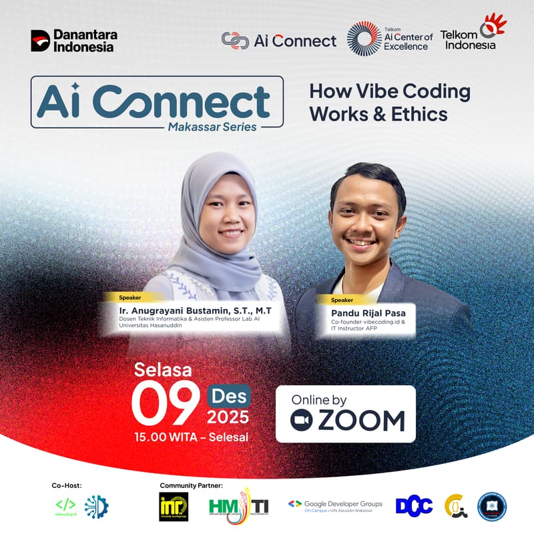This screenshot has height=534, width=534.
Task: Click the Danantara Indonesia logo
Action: coord(72,41)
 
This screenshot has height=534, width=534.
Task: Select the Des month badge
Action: coord(228,396)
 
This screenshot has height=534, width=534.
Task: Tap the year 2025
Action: coord(228,418)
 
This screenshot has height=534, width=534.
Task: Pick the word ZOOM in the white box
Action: coord(361,421)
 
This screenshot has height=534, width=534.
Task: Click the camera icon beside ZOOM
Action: coord(302,421)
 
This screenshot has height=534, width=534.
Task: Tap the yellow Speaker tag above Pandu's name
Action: coord(342,300)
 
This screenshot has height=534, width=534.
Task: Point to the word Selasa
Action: coord(163,369)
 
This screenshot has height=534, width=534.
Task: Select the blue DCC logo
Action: coord(414,506)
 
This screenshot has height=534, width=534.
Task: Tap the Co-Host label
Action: coord(66,485)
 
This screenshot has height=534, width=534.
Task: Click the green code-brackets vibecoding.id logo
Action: coord(65,505)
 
